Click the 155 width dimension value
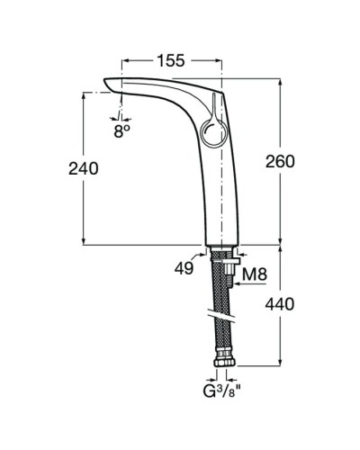pyautogui.click(x=169, y=60)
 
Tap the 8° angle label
pyautogui.click(x=122, y=129)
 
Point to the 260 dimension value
pyautogui.click(x=280, y=160)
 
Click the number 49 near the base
pyautogui.click(x=185, y=268)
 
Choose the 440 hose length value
pyautogui.click(x=280, y=306)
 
